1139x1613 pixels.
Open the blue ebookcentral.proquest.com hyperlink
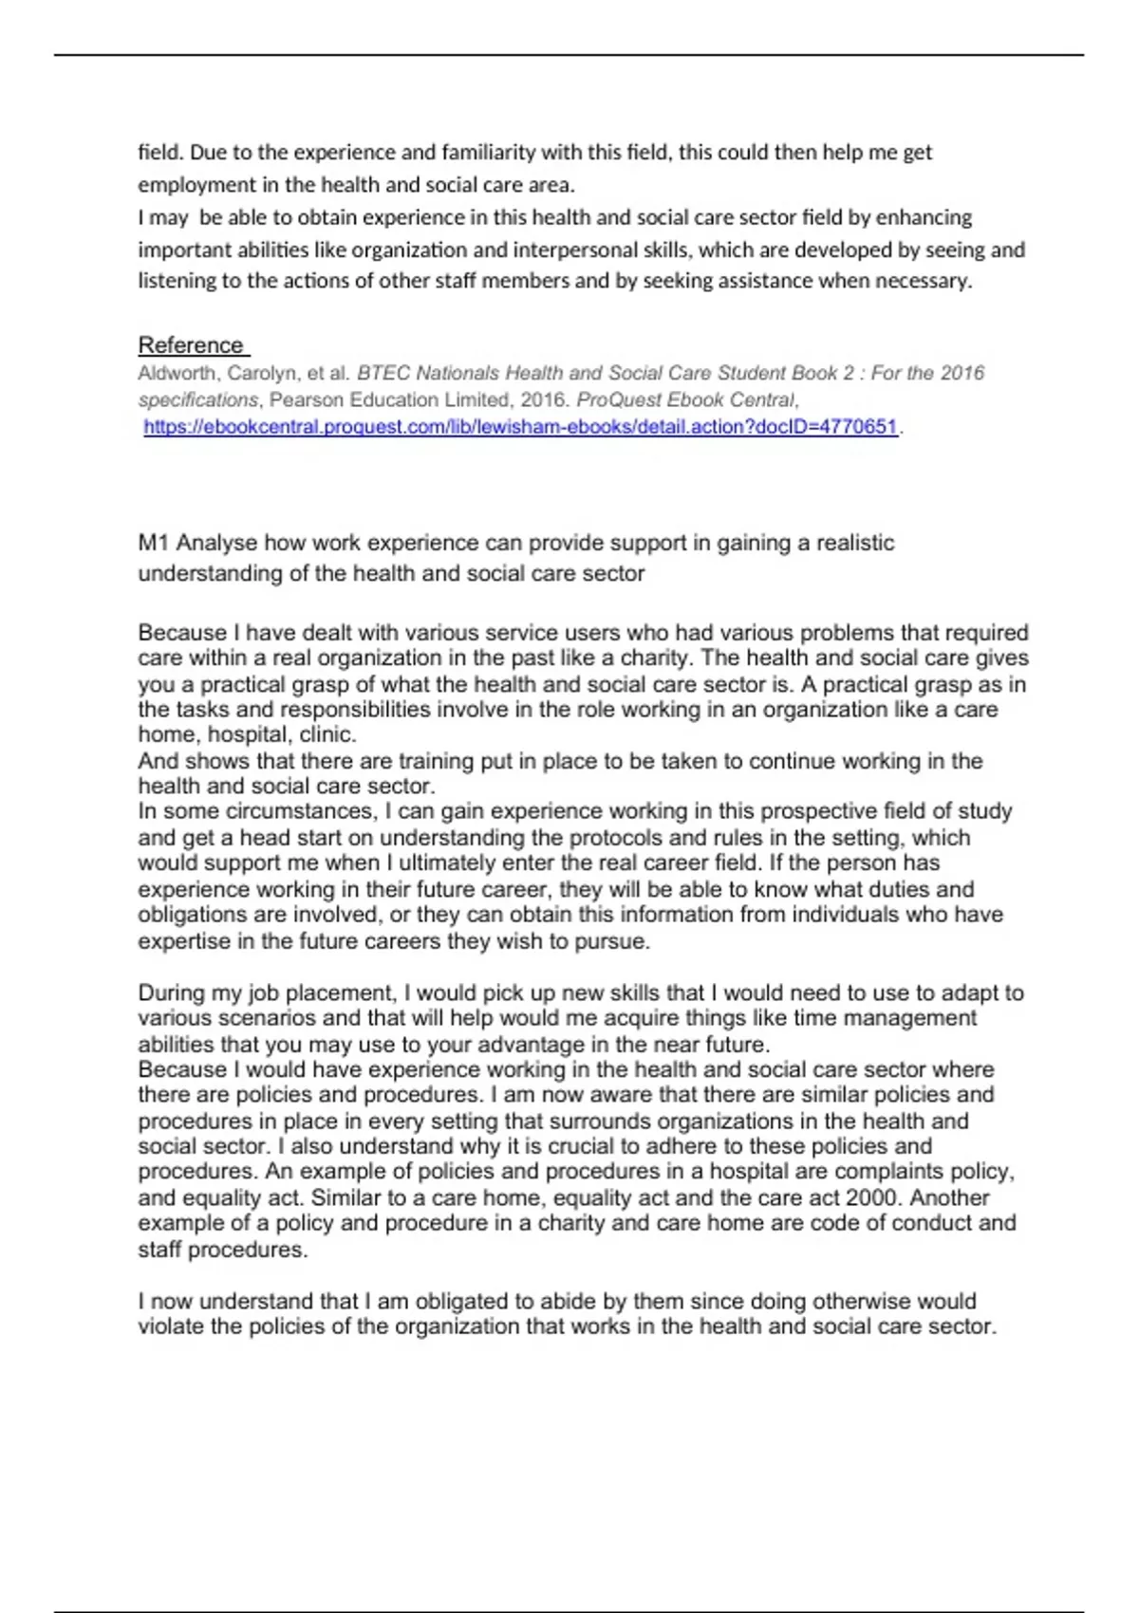point(520,427)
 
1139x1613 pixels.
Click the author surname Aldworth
point(177,373)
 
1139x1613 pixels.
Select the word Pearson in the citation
point(305,399)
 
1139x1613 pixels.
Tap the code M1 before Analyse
point(154,543)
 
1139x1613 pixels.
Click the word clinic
point(327,734)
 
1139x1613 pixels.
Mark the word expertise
point(183,941)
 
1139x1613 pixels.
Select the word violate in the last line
point(171,1326)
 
